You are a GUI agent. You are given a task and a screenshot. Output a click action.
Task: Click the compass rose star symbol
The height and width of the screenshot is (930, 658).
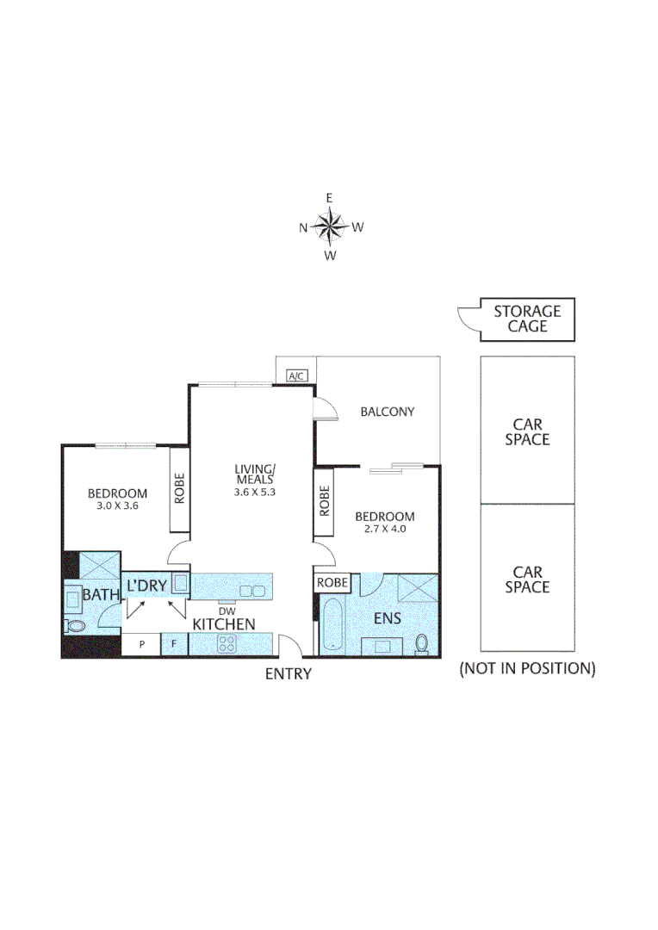coord(329,227)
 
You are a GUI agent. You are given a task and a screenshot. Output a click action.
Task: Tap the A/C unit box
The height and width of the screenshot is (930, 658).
coord(297,376)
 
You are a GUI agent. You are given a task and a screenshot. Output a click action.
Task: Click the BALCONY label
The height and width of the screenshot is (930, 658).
coord(387,412)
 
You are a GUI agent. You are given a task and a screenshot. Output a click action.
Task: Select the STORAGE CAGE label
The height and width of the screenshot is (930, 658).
coord(527,319)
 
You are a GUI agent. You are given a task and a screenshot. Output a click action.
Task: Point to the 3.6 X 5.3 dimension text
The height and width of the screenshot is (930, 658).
coord(254,493)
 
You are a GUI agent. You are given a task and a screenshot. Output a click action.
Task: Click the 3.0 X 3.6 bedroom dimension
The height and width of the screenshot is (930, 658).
coord(117,506)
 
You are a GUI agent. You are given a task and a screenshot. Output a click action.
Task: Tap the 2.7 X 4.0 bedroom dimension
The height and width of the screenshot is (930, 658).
coord(384,530)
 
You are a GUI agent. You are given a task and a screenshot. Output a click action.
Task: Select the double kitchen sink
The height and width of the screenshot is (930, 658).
coord(251,591)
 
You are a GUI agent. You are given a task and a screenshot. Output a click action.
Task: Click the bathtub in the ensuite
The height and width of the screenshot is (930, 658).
coord(332,626)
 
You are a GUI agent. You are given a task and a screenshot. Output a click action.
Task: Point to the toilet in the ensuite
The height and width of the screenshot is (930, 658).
coord(422,642)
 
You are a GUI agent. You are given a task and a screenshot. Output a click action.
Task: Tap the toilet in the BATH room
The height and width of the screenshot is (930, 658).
coord(75,626)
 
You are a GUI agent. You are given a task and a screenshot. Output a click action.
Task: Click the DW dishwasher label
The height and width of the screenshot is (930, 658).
coord(227,610)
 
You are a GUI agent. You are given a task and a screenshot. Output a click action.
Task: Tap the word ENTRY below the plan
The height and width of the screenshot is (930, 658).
coord(288,674)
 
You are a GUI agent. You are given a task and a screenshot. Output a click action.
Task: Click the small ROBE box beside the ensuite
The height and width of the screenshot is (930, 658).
coord(332,583)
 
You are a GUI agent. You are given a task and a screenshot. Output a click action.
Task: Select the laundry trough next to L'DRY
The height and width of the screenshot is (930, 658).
coord(179,584)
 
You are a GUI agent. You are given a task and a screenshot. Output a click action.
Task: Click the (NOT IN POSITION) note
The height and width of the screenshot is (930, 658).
coord(527,668)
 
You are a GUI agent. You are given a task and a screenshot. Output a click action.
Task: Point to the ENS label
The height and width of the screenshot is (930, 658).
coord(387,618)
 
